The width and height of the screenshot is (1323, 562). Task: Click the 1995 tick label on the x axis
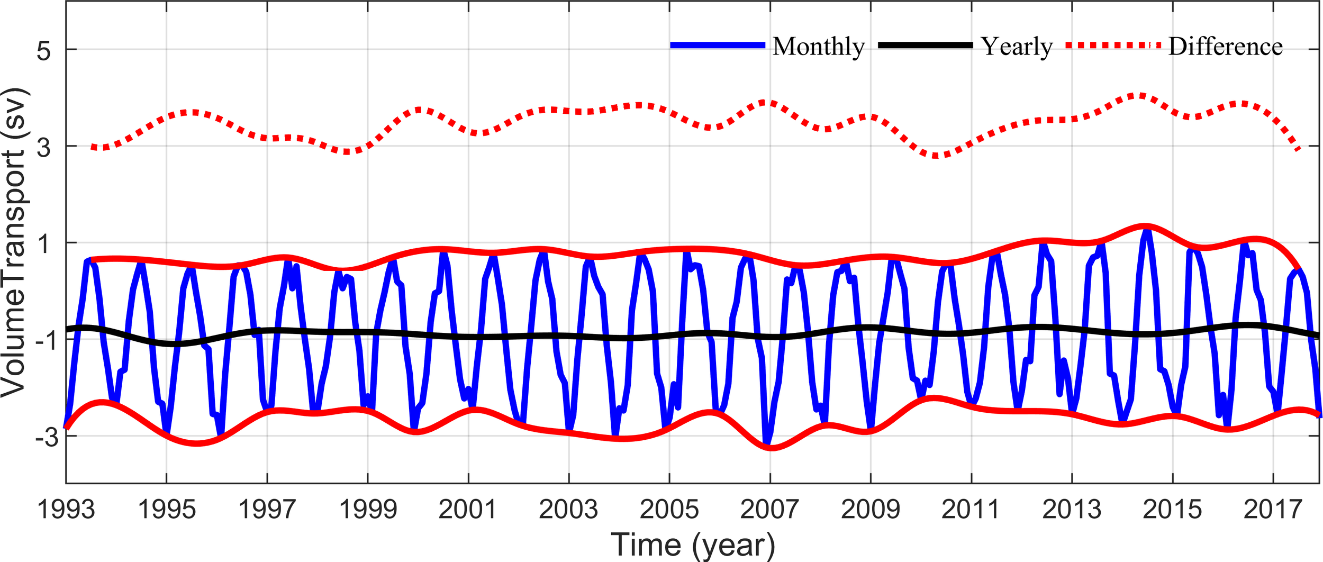167,510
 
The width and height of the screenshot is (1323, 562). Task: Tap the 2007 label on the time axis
769,510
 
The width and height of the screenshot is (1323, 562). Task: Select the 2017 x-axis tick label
1273,510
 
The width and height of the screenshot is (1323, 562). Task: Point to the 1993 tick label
66,510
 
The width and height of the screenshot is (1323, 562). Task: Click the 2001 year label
468,510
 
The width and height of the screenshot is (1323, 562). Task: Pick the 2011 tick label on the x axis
971,510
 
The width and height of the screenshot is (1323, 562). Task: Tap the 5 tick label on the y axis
44,51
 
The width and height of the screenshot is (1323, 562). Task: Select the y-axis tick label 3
44,148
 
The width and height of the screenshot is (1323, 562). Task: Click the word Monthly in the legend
818,47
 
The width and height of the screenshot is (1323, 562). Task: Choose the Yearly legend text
1017,47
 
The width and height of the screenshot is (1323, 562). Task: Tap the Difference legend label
1226,47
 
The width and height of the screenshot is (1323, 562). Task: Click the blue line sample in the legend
718,46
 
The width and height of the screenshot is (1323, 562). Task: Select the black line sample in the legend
925,46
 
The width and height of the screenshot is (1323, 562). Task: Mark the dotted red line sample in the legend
1113,46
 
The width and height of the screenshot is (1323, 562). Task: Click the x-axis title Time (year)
693,545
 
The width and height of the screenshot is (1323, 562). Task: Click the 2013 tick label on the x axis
1072,510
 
